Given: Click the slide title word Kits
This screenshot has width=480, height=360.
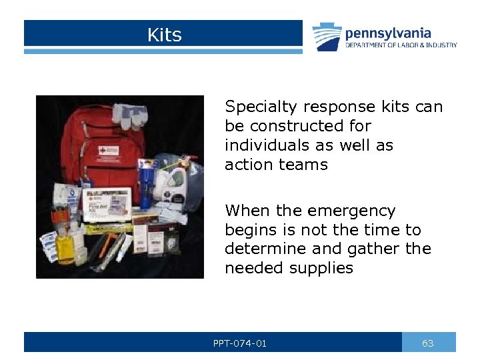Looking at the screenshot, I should tap(164, 35).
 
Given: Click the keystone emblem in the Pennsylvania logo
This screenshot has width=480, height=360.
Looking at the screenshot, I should tap(327, 37).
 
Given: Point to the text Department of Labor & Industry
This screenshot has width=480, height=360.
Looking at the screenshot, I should tap(401, 45).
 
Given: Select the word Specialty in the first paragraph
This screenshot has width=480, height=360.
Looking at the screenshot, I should tap(263, 107).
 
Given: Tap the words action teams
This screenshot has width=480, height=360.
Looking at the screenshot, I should tap(276, 165).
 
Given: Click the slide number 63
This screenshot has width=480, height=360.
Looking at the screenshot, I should tap(428, 343).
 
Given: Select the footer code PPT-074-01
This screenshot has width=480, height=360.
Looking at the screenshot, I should tap(241, 343).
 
